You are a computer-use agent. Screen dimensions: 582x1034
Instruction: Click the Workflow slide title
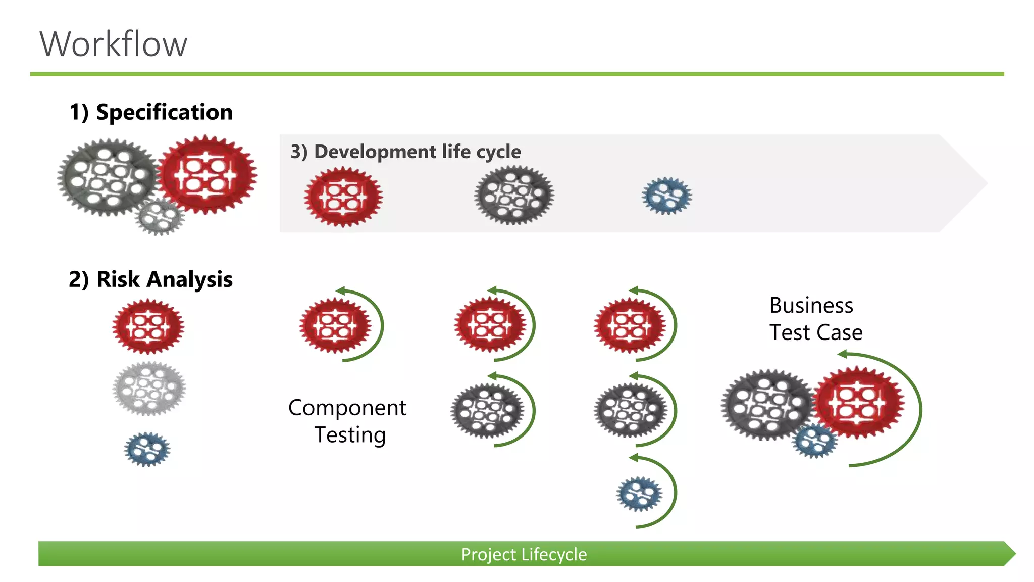(114, 44)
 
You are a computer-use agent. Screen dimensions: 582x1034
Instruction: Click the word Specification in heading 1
(164, 112)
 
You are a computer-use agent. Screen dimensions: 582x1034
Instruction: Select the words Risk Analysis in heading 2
(164, 279)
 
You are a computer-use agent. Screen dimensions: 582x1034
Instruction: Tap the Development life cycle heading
(405, 152)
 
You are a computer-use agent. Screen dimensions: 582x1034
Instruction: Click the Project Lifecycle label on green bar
(524, 554)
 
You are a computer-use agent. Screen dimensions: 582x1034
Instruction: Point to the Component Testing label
(347, 421)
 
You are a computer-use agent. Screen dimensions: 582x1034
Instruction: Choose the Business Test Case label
(816, 319)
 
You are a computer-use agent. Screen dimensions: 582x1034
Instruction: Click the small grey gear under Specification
(160, 217)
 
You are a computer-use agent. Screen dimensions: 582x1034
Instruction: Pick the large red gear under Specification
(207, 174)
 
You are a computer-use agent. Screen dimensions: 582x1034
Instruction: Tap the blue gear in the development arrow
(667, 196)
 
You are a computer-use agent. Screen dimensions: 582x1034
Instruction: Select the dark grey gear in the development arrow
(514, 195)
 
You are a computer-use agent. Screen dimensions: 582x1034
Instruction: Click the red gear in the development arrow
(343, 197)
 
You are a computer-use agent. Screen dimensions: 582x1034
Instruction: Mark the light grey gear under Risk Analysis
(148, 389)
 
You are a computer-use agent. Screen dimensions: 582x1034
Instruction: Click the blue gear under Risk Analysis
(147, 449)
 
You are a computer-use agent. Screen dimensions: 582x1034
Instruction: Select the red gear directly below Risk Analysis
(148, 326)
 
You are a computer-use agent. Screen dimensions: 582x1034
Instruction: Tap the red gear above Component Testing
(335, 325)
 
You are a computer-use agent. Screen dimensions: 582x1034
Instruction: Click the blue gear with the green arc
(639, 494)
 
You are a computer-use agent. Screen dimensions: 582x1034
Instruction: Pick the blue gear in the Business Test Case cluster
(814, 441)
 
